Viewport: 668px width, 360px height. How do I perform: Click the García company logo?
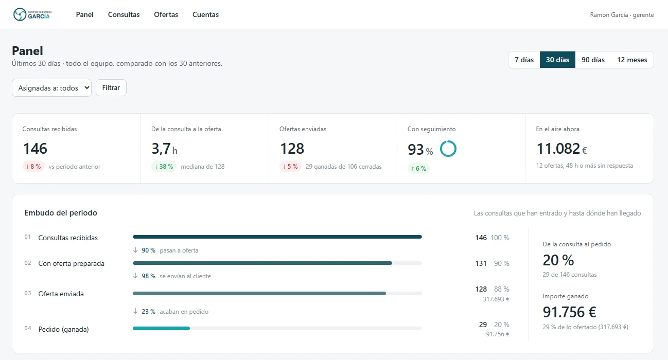coord(32,14)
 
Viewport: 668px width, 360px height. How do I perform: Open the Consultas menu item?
coord(124,14)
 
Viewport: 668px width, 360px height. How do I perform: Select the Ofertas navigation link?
coord(166,14)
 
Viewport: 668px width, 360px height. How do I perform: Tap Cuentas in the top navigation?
coord(205,14)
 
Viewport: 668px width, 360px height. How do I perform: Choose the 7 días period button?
coord(524,60)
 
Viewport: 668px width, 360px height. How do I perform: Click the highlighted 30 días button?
coord(557,60)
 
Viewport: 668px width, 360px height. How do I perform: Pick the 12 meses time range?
coord(632,60)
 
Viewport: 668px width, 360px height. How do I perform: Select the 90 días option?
coord(593,60)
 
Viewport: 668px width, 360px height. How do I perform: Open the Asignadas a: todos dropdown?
coord(51,87)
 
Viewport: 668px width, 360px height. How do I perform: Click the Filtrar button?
coord(111,87)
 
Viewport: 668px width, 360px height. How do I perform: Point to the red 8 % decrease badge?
coord(33,166)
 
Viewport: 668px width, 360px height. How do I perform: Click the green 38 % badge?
coord(164,166)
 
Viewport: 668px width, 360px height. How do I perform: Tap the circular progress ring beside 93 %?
coord(448,141)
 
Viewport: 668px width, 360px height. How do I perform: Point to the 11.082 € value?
coord(561,149)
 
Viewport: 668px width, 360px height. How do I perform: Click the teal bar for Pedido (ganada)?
coord(161,329)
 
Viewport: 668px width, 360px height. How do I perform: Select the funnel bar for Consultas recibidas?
coord(277,237)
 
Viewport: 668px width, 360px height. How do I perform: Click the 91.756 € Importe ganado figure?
coord(569,312)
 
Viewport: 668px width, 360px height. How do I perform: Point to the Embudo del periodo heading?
coord(61,213)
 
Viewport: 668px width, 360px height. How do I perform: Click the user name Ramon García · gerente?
coord(622,15)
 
